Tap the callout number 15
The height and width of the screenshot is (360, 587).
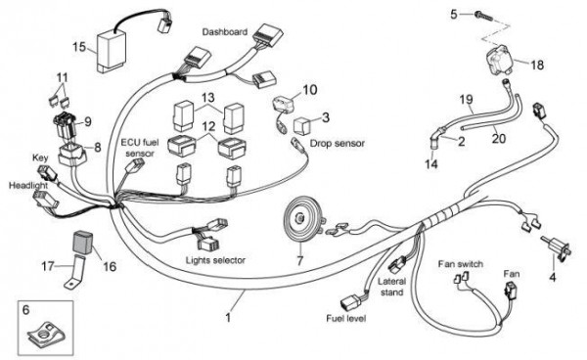pos(79,48)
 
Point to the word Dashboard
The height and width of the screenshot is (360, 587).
pos(225,32)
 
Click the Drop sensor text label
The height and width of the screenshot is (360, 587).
pos(337,143)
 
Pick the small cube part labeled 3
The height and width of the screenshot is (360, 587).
pos(301,126)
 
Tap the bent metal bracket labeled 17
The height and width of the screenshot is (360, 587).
pos(76,271)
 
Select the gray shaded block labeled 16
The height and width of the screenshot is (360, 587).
pos(82,242)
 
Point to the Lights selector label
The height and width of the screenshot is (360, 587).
pos(215,260)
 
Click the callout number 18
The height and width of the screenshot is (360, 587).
pos(537,65)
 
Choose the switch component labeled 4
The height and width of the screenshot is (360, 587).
pos(557,248)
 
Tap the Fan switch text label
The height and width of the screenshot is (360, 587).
pos(461,264)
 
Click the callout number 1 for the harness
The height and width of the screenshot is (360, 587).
pos(228,318)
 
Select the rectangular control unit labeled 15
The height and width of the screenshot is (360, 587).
pos(112,51)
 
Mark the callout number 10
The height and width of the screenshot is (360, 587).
pos(309,90)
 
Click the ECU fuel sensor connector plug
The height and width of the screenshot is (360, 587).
pos(135,165)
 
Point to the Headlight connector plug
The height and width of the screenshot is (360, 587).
pos(45,199)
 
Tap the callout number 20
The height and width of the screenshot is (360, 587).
pos(499,139)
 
